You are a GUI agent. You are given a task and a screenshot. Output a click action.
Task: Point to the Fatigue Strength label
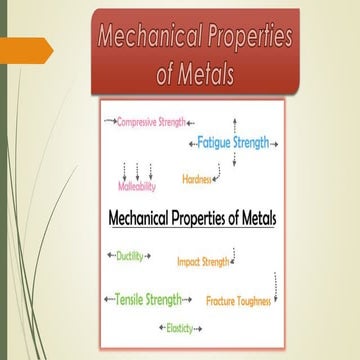pyautogui.click(x=233, y=143)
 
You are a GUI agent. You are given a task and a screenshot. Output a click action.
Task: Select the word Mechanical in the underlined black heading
pyautogui.click(x=145, y=217)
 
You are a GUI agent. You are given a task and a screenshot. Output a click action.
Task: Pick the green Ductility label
pyautogui.click(x=129, y=256)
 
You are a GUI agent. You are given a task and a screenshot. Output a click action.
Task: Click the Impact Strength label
pyautogui.click(x=202, y=262)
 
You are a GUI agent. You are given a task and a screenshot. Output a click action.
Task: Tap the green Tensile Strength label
pyautogui.click(x=148, y=299)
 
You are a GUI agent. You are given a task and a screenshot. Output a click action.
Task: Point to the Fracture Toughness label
pyautogui.click(x=240, y=300)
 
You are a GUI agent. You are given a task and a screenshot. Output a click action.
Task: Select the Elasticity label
pyautogui.click(x=180, y=327)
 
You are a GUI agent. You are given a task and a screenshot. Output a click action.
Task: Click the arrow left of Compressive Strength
pyautogui.click(x=110, y=121)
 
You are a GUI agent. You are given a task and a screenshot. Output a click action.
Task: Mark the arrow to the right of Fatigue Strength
pyautogui.click(x=275, y=144)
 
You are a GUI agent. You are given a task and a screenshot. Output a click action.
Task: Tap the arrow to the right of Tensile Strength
pyautogui.click(x=189, y=299)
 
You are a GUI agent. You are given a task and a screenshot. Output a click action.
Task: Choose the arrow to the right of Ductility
pyautogui.click(x=148, y=257)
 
